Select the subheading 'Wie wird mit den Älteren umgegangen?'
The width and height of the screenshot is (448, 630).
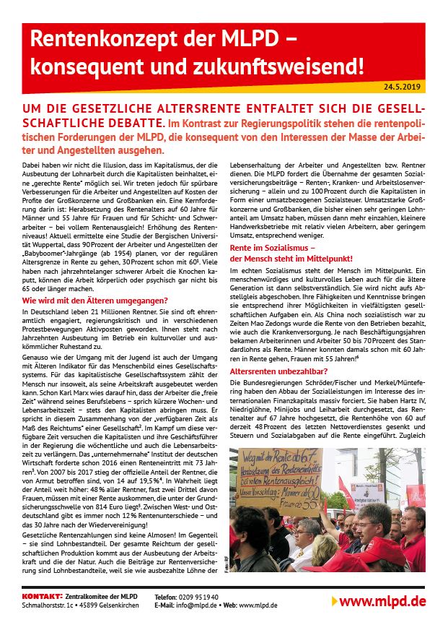point(95,300)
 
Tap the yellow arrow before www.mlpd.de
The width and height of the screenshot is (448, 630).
point(333,601)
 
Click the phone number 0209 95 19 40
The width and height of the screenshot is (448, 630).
point(197,596)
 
